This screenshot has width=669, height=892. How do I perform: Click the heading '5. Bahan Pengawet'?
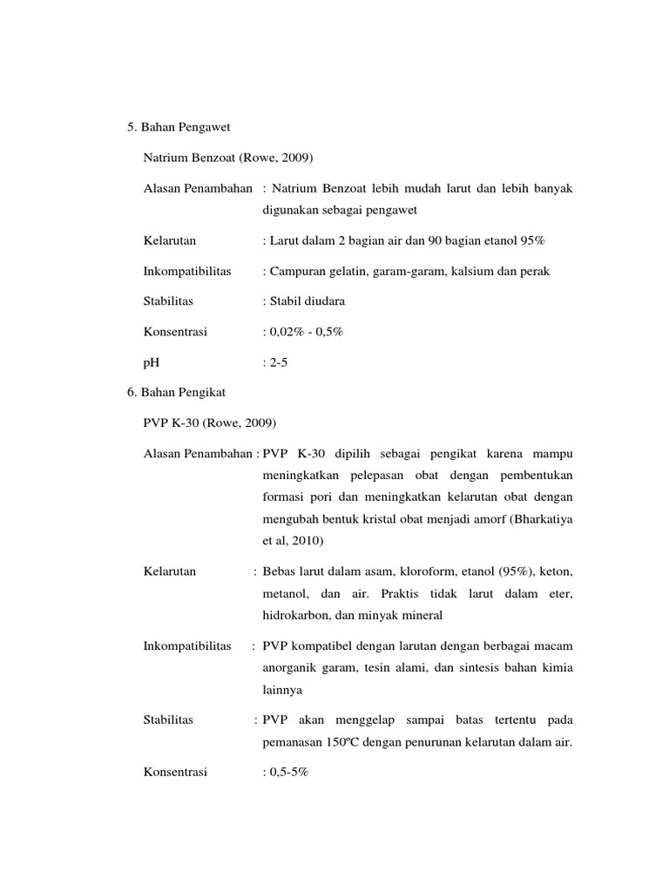point(177,128)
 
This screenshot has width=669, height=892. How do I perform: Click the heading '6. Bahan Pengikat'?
point(176,393)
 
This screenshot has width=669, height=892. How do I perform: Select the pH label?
point(151,362)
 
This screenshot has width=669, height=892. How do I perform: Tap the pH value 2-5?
point(276,362)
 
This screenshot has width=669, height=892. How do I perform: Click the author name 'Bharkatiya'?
point(534,519)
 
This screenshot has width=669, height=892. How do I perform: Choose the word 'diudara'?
point(324,301)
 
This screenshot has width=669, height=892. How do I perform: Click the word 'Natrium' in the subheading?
point(165,159)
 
